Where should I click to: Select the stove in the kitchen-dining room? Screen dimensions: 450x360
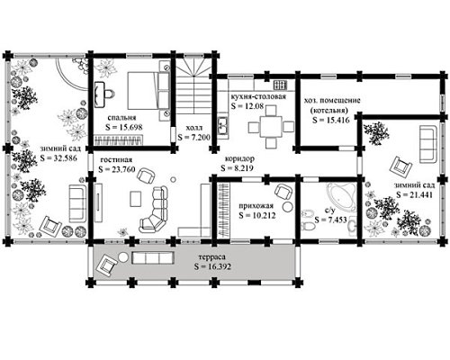280,85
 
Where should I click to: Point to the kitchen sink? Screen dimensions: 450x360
222,126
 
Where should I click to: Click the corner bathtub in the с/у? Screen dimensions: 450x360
342,197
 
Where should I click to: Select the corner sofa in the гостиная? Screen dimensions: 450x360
154,210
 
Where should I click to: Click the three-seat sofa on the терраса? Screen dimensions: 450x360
153,257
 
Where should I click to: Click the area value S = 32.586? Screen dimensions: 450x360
58,157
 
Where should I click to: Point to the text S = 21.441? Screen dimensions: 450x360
414,194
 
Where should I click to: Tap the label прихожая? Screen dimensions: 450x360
256,206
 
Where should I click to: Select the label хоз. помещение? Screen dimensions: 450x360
332,100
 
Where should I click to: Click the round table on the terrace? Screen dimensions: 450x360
123,257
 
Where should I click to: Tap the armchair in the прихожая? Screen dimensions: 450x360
283,192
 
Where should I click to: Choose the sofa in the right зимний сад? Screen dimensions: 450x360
428,144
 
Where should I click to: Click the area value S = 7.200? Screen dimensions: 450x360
193,138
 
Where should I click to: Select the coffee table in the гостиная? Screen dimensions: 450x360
136,199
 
